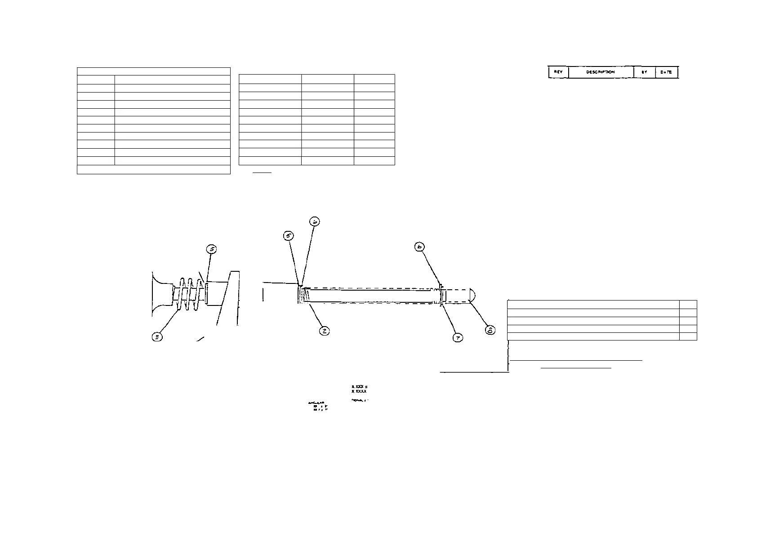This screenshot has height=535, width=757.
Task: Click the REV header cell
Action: [558, 72]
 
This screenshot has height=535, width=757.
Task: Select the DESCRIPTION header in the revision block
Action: [601, 72]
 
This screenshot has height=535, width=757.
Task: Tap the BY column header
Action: [644, 72]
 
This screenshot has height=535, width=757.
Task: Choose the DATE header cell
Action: [666, 72]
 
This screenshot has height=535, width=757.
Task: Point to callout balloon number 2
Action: [324, 331]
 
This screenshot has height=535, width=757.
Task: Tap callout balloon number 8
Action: [490, 330]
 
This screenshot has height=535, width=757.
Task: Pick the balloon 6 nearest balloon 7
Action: [420, 247]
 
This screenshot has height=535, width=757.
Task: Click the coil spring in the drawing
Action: [189, 294]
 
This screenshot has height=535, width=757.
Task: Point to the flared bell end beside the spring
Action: [160, 294]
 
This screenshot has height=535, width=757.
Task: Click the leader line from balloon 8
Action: [479, 314]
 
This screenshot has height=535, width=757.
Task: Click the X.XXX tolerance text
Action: [359, 387]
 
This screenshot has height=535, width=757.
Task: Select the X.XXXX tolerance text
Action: [359, 392]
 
